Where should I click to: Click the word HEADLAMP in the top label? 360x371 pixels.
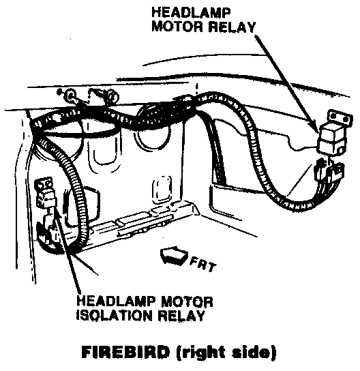point(191,12)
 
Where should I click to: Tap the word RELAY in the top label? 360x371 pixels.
point(232,27)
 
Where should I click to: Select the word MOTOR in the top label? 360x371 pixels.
point(177,27)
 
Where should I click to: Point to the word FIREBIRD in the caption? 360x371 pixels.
point(125,352)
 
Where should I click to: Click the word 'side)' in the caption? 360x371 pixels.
point(254,353)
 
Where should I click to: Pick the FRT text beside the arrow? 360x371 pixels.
point(203,265)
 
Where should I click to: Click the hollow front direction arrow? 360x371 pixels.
point(174,255)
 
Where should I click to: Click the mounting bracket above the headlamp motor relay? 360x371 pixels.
point(340,117)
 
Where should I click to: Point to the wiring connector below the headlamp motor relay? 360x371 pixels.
point(329,173)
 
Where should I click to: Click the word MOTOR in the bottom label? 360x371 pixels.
point(187,301)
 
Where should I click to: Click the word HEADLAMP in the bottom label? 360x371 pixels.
point(116,301)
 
